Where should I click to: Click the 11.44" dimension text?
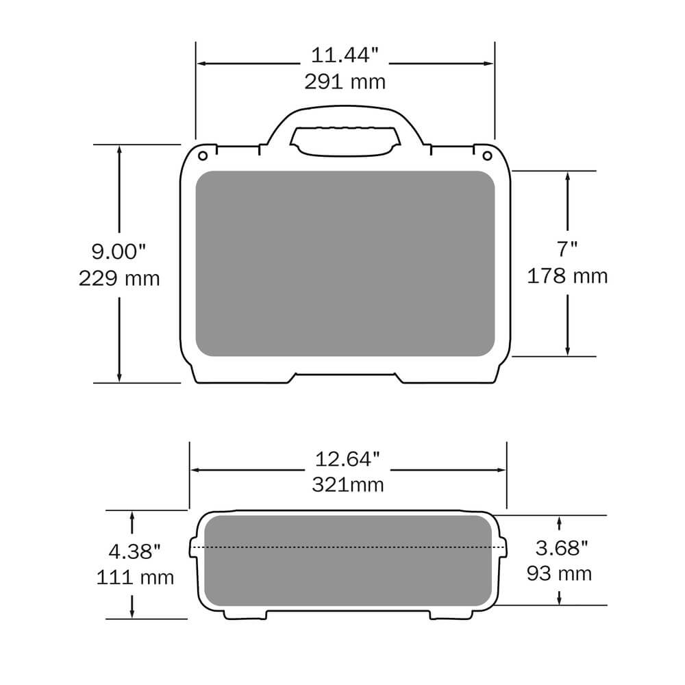(x=345, y=55)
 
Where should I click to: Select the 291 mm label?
(x=345, y=82)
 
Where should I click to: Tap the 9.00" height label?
(x=119, y=251)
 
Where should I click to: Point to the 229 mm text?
(x=119, y=278)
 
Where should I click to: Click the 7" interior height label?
(x=567, y=248)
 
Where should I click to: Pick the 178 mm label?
(x=567, y=275)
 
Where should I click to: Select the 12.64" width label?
(x=347, y=458)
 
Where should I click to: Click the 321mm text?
(x=347, y=484)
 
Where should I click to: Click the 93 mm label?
(x=560, y=573)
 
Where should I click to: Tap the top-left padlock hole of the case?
(x=203, y=155)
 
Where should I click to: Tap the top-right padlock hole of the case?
(x=486, y=155)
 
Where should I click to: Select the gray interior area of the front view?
(x=345, y=264)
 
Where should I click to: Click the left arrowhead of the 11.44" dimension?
(x=202, y=64)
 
